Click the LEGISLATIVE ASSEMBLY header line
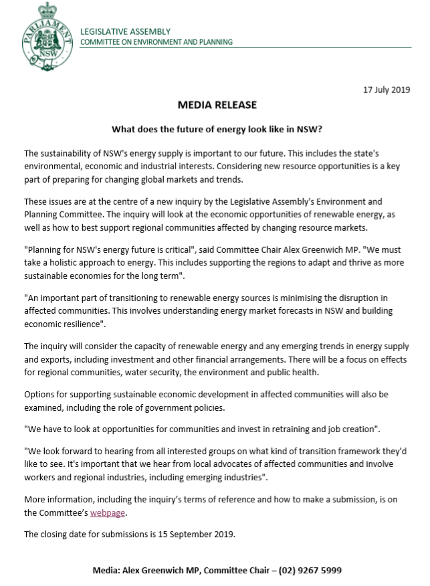coord(125,31)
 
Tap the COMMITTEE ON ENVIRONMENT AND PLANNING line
coord(156,42)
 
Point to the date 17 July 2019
coord(385,89)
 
